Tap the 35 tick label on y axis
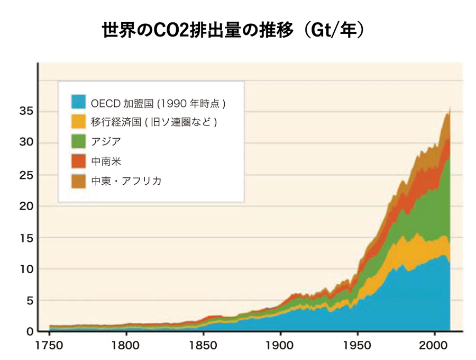tap(26, 111)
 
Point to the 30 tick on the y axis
tap(26, 142)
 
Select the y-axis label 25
tap(26, 174)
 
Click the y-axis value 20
tap(26, 206)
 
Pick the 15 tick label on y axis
tap(26, 238)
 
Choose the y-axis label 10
tap(26, 269)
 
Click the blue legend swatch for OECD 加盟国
tap(78, 102)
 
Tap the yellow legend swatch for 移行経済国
tap(78, 121)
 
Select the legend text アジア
tap(106, 141)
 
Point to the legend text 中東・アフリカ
tap(126, 181)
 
